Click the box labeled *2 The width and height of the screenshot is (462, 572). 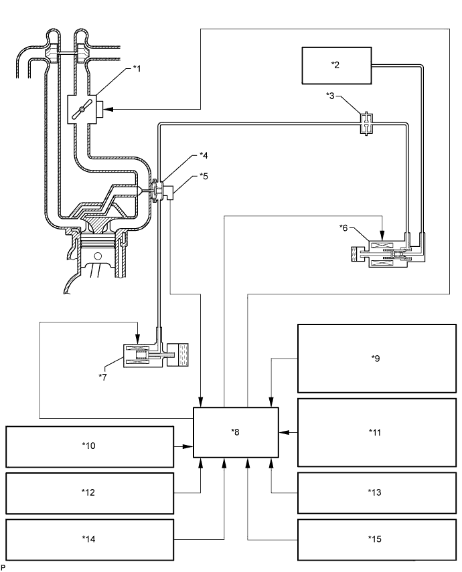point(336,66)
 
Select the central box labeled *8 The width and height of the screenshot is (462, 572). point(236,432)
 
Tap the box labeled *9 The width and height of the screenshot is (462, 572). point(377,358)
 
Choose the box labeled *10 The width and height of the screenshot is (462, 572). point(90,446)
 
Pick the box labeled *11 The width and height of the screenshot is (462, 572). point(377,432)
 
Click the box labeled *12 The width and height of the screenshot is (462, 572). point(90,493)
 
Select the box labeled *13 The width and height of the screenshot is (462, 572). point(377,492)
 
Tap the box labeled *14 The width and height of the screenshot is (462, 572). point(90,539)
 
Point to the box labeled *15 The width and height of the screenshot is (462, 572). point(377,539)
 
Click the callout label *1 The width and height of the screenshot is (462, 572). point(137,68)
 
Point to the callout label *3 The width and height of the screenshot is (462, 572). point(330,96)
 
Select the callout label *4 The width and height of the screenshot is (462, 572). point(204,155)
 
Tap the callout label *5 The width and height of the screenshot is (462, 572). point(204,176)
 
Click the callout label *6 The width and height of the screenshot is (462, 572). point(343,227)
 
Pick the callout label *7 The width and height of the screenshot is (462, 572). point(102,377)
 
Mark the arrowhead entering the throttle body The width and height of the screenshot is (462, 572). point(108,109)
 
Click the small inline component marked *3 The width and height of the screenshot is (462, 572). point(366,124)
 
